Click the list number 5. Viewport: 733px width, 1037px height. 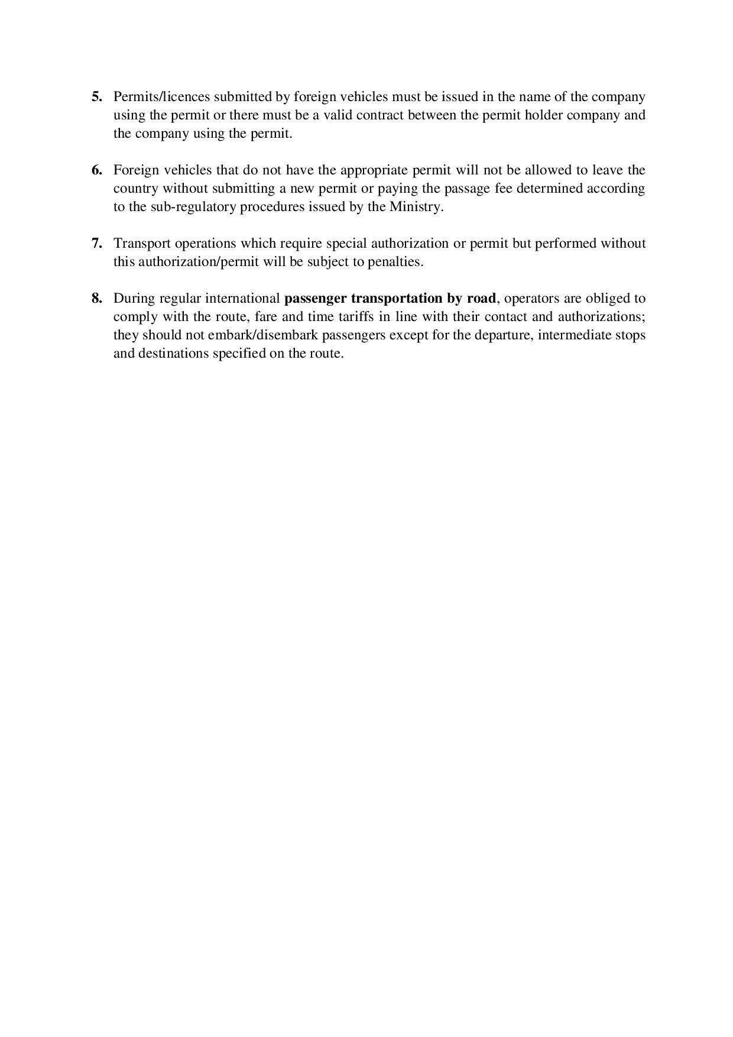(97, 97)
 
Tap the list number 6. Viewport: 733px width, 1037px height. (97, 170)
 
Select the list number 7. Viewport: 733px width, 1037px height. (97, 244)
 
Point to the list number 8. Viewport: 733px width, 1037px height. (97, 299)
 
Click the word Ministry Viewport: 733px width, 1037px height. (417, 208)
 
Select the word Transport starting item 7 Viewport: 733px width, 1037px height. (142, 244)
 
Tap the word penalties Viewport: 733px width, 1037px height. (394, 262)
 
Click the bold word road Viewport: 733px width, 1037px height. (482, 299)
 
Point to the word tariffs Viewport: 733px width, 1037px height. (356, 317)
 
